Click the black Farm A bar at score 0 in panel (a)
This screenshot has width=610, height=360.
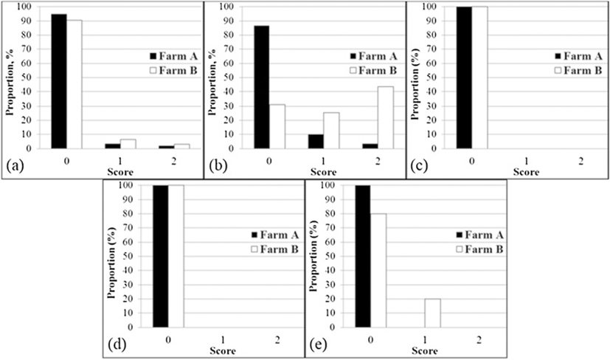[x=59, y=81]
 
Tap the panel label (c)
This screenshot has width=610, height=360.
[x=418, y=167]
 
